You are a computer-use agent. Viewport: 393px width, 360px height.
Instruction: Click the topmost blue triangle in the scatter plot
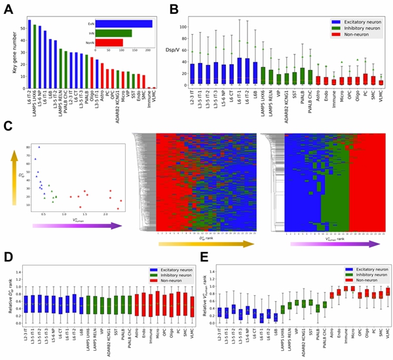[39, 147]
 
